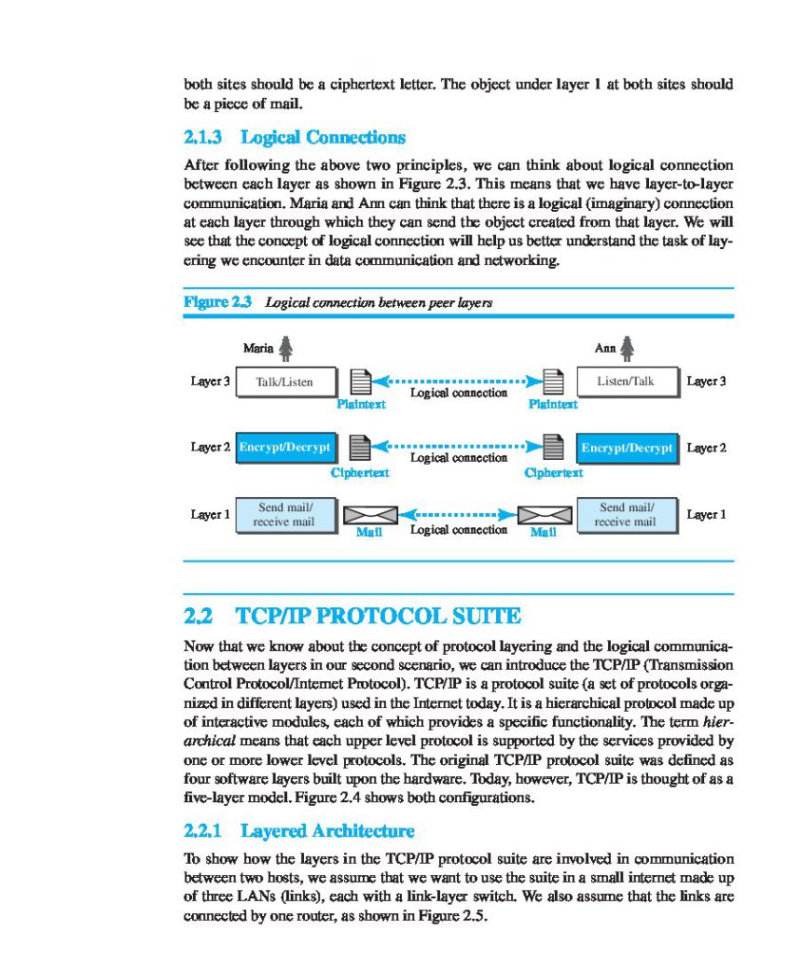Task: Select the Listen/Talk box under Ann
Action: pyautogui.click(x=625, y=382)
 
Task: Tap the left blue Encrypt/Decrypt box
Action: pyautogui.click(x=285, y=447)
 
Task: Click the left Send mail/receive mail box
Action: pyautogui.click(x=284, y=515)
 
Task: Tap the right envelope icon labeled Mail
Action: pyautogui.click(x=544, y=515)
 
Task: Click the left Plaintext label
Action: pyautogui.click(x=361, y=404)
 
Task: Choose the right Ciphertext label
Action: pyautogui.click(x=553, y=472)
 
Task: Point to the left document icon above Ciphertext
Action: pyautogui.click(x=361, y=447)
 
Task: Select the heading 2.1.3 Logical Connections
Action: pyautogui.click(x=295, y=138)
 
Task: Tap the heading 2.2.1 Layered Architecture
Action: pyautogui.click(x=298, y=831)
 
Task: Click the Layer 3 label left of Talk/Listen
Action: pyautogui.click(x=210, y=382)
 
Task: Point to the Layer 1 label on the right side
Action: pyautogui.click(x=706, y=515)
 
